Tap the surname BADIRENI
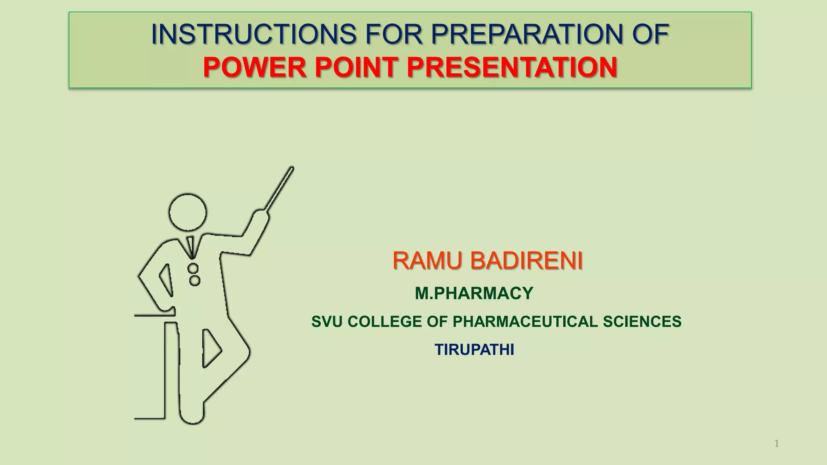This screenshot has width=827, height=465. (x=527, y=260)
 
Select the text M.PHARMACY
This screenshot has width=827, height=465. (x=474, y=293)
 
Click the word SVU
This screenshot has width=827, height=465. (x=327, y=322)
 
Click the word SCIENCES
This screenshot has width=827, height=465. (x=642, y=322)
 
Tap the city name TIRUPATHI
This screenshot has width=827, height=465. (x=474, y=350)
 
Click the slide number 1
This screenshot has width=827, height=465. (x=776, y=444)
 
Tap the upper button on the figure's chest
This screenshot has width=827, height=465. (x=193, y=268)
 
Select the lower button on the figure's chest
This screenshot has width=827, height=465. (x=195, y=280)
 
